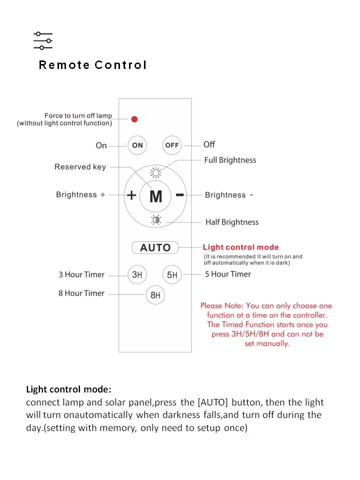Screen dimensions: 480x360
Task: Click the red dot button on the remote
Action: [x=134, y=119]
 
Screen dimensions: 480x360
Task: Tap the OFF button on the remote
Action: [x=172, y=145]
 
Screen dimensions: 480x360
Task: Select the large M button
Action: [x=155, y=196]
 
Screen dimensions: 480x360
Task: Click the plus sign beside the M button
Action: [x=131, y=195]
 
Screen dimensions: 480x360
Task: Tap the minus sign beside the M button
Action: [x=180, y=194]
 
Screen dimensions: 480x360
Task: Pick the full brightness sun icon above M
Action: [x=155, y=173]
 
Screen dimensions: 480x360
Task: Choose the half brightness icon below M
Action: [x=155, y=219]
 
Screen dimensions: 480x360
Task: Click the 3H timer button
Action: [x=137, y=274]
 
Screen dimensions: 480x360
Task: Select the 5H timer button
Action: [x=172, y=274]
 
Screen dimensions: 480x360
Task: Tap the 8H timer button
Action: [x=155, y=295]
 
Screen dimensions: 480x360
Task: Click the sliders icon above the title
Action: [x=43, y=40]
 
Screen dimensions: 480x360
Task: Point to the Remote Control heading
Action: [x=93, y=65]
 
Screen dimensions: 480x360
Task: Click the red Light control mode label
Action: [x=240, y=247]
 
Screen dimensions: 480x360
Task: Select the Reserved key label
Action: [x=80, y=167]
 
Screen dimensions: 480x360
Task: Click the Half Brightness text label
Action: [x=232, y=222]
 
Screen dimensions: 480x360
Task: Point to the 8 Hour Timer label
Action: [x=81, y=293]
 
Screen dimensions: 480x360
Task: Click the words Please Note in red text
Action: [x=220, y=305]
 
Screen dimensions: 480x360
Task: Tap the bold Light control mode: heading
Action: [x=69, y=389]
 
